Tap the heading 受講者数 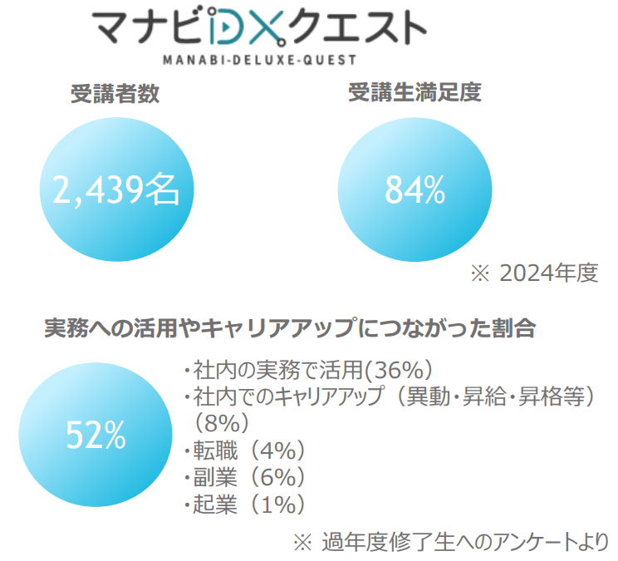coord(115,94)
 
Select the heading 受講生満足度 coord(414,93)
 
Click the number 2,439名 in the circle coord(115,191)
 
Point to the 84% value coord(414,191)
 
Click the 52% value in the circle coord(96,433)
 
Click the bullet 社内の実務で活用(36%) coord(308,370)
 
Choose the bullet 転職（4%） coord(245,450)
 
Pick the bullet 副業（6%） coord(245,477)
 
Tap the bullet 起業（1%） coord(245,504)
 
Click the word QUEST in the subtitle coord(328,59)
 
